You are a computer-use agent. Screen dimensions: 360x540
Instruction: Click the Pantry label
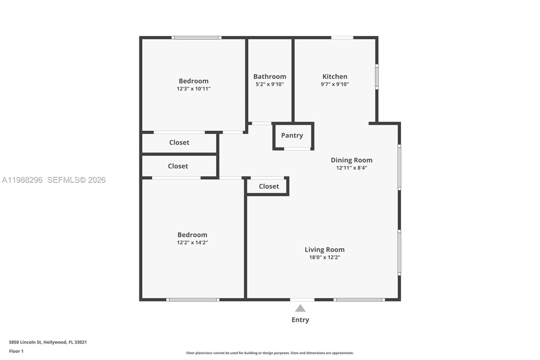[x=292, y=135]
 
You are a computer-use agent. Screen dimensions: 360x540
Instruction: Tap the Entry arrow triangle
[x=300, y=308]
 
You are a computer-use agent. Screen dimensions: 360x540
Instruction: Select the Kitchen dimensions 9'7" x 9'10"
[x=334, y=84]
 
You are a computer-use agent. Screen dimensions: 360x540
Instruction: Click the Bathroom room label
[x=270, y=77]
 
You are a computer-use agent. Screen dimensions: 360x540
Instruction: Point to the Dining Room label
[x=351, y=160]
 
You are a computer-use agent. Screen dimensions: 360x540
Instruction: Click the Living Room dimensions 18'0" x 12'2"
[x=324, y=257]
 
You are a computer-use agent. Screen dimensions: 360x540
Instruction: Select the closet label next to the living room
[x=269, y=186]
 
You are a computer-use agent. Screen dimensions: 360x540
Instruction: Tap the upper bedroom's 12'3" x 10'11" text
[x=193, y=89]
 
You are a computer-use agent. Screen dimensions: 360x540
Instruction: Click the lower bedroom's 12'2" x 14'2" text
[x=192, y=242]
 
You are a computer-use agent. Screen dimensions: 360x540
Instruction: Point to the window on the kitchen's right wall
[x=377, y=77]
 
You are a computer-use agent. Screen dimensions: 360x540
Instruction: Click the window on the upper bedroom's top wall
[x=196, y=37]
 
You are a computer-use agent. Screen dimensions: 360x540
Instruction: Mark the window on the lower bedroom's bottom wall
[x=193, y=300]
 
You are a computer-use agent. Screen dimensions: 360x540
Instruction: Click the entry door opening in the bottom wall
[x=302, y=300]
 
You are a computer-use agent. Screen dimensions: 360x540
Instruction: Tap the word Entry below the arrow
[x=300, y=320]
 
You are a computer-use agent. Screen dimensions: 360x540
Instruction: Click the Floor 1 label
[x=16, y=351]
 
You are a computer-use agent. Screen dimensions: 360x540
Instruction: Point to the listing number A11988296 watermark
[x=22, y=180]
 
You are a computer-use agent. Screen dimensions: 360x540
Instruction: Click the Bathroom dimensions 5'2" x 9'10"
[x=270, y=84]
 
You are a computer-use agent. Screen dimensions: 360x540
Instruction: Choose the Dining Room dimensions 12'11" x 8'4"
[x=351, y=168]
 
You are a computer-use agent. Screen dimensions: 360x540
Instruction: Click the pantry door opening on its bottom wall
[x=297, y=149]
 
